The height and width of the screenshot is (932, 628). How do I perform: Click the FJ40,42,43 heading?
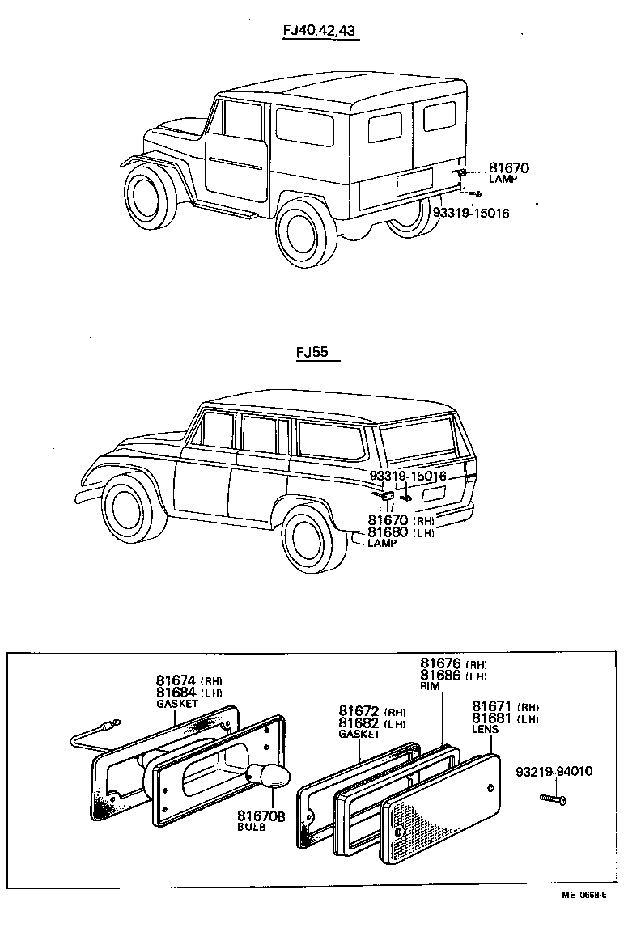(319, 32)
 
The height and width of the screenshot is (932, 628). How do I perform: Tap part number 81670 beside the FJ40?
(508, 168)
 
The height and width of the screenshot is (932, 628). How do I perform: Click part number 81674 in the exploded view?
(176, 680)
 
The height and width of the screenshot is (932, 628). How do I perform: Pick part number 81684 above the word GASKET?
(176, 693)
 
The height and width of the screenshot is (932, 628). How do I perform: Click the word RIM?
(429, 686)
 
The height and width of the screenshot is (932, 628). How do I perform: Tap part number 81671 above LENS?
(493, 706)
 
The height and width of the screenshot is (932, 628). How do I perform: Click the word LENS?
(486, 728)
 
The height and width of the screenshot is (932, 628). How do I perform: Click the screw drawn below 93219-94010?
(553, 799)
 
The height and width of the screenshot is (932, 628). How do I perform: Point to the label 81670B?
(261, 816)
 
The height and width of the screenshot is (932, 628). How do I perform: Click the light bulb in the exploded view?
(270, 778)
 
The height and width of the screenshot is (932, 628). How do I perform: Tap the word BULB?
(250, 828)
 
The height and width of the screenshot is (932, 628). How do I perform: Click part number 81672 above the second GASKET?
(359, 710)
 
